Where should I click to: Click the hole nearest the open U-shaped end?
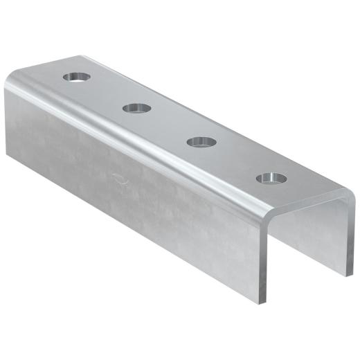[271, 179]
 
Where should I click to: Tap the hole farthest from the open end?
[78, 76]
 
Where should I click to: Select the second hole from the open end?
[201, 141]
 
